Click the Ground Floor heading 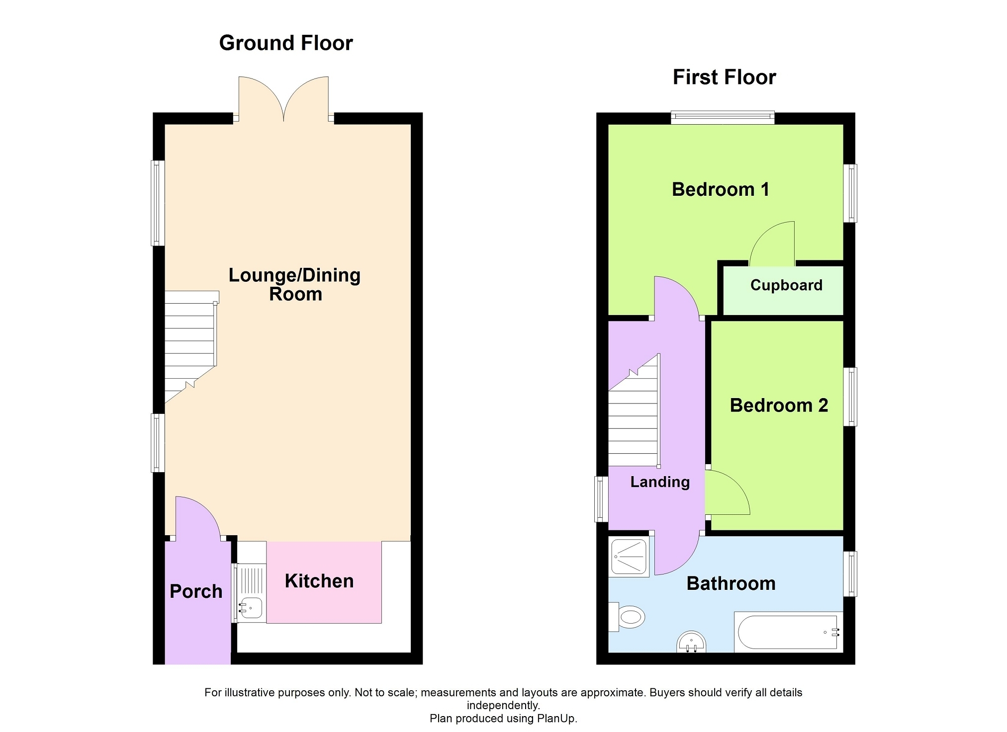pos(286,43)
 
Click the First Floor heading pos(724,78)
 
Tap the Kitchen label pos(319,581)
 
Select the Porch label pos(196,591)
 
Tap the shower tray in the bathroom pos(629,557)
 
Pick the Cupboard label pos(786,285)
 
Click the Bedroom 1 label pos(721,189)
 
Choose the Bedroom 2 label pos(779,406)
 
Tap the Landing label pos(660,482)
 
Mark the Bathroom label pos(731,583)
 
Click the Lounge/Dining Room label pos(295,284)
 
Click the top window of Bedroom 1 pos(723,118)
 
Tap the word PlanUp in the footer pos(556,719)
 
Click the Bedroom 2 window pos(850,397)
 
